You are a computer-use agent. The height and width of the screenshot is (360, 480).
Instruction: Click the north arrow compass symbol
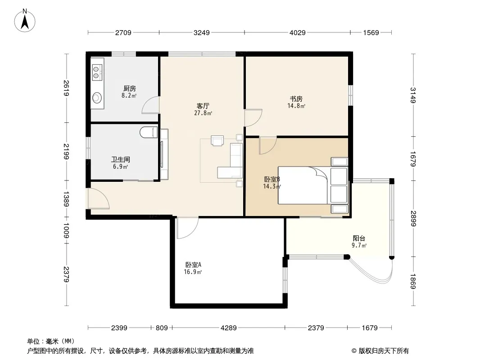point(25,21)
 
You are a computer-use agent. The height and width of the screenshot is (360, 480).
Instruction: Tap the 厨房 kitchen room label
point(130,89)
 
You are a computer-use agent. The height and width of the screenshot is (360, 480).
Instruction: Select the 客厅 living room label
point(203,106)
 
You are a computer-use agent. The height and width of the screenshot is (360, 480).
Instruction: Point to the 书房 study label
point(296,99)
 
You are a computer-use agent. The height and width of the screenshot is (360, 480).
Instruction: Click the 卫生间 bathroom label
point(121,160)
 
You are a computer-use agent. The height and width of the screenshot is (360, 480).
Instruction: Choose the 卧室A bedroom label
point(193,265)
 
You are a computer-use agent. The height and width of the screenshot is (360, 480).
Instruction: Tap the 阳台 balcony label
point(359,238)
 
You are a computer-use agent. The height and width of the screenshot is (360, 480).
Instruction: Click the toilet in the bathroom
point(149,132)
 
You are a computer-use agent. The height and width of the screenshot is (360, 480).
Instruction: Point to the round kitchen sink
point(97,98)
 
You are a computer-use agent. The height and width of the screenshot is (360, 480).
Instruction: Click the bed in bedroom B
point(313,185)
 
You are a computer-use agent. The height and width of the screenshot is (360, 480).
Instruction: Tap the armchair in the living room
point(217,141)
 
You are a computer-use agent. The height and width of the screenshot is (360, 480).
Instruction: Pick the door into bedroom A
point(187,228)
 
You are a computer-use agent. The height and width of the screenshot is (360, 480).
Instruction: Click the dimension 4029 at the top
point(298,33)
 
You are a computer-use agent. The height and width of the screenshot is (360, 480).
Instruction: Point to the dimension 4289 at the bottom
point(229,328)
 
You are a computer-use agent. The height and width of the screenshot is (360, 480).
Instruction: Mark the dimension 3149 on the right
point(413,95)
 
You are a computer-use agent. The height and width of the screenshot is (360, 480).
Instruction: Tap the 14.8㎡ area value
point(296,106)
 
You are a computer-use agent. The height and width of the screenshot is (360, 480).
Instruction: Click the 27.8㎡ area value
point(203,113)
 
